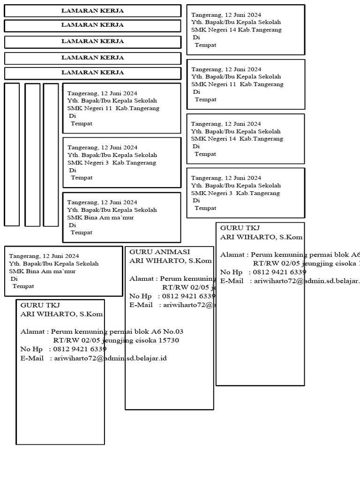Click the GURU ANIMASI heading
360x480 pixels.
point(160,252)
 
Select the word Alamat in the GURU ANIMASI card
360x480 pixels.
point(141,278)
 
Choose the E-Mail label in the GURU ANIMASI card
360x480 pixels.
point(141,305)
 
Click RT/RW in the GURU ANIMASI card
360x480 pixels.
point(173,287)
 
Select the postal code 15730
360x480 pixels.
point(169,340)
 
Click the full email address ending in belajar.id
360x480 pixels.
point(111,358)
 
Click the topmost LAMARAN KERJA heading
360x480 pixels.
point(93,11)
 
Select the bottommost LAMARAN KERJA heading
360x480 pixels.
point(93,73)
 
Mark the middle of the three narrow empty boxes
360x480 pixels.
point(32,155)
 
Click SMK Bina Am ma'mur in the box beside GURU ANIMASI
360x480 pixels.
point(42,271)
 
